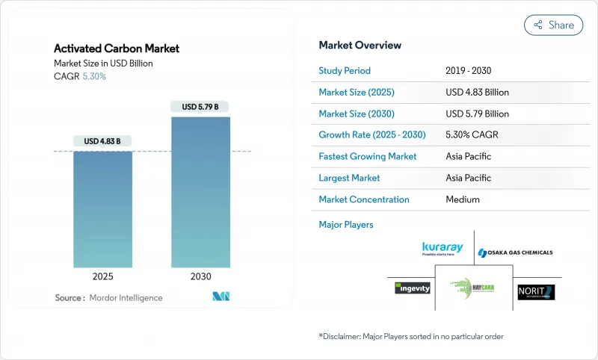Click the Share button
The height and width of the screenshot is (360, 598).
tap(553, 25)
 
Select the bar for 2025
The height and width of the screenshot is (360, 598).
tap(102, 209)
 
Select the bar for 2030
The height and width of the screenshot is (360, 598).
tap(200, 192)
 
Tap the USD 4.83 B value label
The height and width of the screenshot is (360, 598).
tap(102, 141)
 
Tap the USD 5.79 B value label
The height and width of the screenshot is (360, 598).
tap(200, 107)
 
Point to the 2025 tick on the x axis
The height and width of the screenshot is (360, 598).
tap(102, 276)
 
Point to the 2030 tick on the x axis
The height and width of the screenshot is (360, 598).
tap(200, 276)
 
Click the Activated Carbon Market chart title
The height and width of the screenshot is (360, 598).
tap(117, 49)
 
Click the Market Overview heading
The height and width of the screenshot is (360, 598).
tap(360, 45)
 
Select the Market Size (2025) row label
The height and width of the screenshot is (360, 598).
tap(357, 93)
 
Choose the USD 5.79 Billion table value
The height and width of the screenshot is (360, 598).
tap(477, 114)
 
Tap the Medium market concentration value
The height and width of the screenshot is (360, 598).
tap(462, 199)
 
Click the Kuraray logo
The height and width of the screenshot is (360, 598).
tap(443, 248)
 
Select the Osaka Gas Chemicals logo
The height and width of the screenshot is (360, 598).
tap(515, 252)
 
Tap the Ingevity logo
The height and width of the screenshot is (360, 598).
tap(413, 288)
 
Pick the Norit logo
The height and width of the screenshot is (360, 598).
tap(536, 291)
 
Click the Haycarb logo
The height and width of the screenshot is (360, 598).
tap(472, 288)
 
